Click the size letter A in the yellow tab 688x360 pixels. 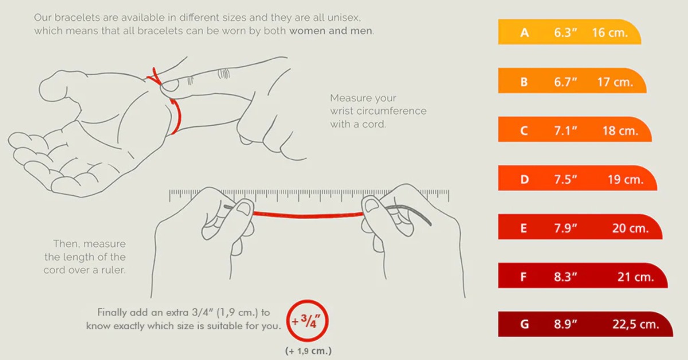click(x=525, y=32)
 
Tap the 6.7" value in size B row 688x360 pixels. click(x=565, y=82)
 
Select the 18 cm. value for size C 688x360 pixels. click(x=620, y=131)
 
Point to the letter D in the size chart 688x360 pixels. click(x=525, y=179)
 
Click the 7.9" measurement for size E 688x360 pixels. click(x=565, y=228)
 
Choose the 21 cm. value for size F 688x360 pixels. click(x=635, y=277)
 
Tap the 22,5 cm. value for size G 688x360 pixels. click(x=636, y=324)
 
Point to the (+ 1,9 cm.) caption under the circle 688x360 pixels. click(x=308, y=351)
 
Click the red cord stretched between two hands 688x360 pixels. click(x=308, y=216)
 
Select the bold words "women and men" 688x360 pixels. click(x=330, y=31)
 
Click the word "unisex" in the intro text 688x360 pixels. click(x=343, y=18)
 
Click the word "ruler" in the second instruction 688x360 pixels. click(x=114, y=271)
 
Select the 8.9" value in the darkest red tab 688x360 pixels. click(x=565, y=324)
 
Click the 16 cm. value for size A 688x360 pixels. click(x=610, y=33)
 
